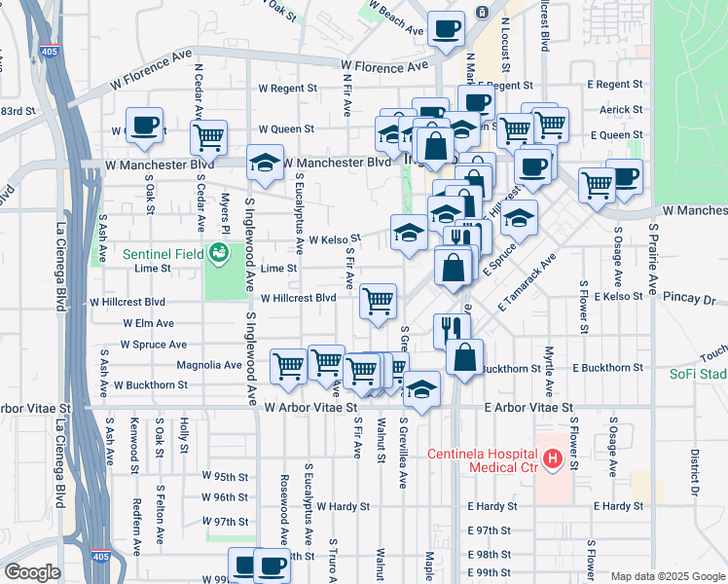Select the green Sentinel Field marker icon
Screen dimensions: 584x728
click(220, 253)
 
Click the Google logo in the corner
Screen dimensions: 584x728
click(32, 572)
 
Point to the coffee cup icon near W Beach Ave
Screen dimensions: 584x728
click(446, 29)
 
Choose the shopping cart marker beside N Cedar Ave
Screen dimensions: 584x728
click(208, 137)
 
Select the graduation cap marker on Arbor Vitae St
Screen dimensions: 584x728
click(421, 388)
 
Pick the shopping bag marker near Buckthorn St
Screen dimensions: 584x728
click(465, 355)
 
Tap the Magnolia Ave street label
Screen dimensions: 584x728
click(208, 365)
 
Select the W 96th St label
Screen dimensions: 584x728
click(226, 497)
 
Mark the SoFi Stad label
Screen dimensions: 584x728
click(698, 374)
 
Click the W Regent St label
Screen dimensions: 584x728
click(287, 88)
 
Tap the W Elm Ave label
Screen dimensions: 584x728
click(148, 323)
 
